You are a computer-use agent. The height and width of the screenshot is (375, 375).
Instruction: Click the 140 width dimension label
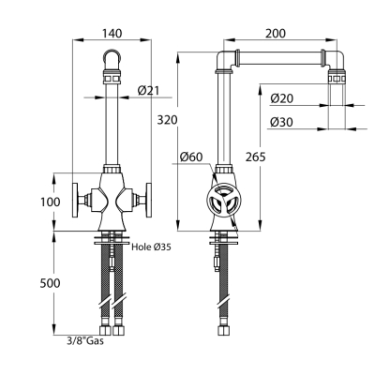[x=112, y=33]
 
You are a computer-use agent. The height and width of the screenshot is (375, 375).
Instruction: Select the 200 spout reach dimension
[x=276, y=33]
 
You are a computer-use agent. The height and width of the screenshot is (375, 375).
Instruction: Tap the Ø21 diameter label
[x=148, y=91]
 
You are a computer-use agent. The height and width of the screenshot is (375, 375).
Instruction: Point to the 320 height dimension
[x=167, y=120]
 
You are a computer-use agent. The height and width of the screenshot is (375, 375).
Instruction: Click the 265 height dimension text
[x=255, y=157]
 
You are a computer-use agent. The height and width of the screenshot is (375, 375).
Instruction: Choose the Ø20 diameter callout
[x=282, y=98]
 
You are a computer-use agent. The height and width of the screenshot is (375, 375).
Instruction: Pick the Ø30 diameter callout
[x=282, y=122]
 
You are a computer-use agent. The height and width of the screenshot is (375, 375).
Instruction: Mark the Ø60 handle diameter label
[x=191, y=157]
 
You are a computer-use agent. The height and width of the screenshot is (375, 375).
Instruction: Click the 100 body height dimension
[x=51, y=202]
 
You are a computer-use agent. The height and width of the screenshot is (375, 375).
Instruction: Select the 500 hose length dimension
[x=50, y=283]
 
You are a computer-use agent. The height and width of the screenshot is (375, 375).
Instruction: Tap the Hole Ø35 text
[x=151, y=247]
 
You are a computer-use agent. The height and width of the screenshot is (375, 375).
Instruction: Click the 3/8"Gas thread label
[x=85, y=340]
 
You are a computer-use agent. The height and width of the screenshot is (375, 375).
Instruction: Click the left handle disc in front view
[x=75, y=200]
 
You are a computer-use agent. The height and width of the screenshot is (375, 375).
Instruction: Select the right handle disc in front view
[x=148, y=200]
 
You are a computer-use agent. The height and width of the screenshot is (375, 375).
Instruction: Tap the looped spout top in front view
[x=112, y=57]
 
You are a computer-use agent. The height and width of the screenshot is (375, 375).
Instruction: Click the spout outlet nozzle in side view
[x=337, y=77]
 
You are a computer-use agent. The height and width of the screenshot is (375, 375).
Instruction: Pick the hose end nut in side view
[x=223, y=331]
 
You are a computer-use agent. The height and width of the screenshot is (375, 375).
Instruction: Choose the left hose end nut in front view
[x=104, y=331]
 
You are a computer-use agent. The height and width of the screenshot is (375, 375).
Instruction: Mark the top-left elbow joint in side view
[x=227, y=60]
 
